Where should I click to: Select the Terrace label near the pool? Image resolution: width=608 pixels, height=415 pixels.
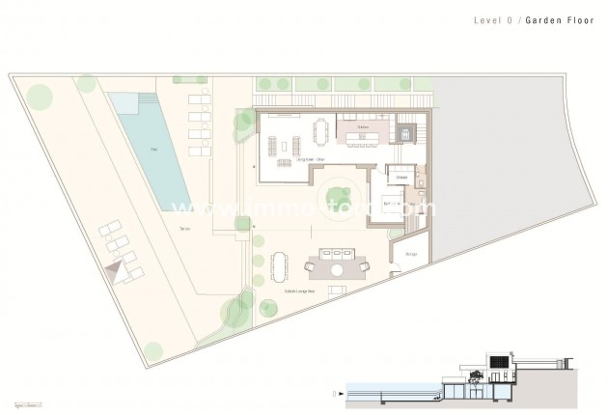pyautogui.click(x=184, y=229)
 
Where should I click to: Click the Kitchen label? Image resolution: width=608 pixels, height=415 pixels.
pyautogui.click(x=364, y=125)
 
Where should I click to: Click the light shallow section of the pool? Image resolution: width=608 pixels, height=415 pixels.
pyautogui.click(x=123, y=101)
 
